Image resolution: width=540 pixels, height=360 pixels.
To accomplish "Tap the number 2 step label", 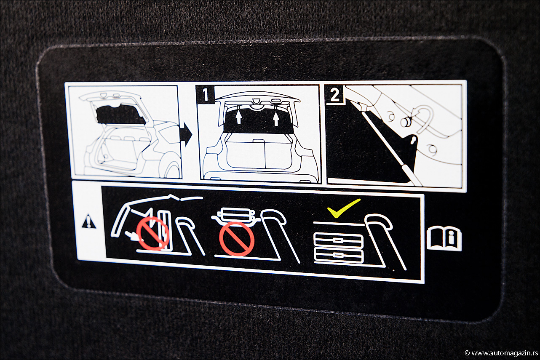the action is pos(334,94).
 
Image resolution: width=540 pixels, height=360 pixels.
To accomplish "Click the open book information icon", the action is pos(444,239).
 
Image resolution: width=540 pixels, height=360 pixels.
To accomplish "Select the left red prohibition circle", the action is pos(152,232).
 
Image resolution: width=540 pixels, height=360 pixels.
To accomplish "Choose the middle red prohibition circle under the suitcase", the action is pos(236,239).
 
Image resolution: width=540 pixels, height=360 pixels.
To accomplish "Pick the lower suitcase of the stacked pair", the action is pos(339,256).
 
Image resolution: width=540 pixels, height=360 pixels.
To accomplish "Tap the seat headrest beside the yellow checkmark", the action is pos(378,224).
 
